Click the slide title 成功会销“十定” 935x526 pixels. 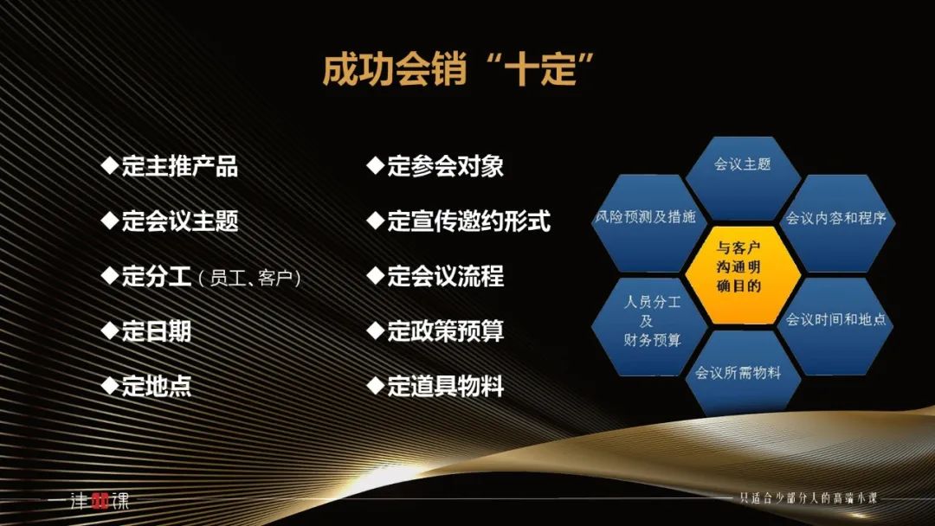point(458,69)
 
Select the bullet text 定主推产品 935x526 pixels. point(179,166)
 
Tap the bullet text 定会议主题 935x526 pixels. point(179,221)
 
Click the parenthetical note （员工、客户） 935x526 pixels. point(249,279)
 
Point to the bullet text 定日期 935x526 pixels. point(156,331)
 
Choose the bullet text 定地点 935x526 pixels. point(156,386)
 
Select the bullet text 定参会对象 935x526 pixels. point(446,166)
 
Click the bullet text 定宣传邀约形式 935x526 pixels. point(468,221)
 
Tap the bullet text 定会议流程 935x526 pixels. point(446,276)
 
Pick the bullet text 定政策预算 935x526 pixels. point(446,331)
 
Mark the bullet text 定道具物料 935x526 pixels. point(446,386)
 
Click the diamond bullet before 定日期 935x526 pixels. point(110,330)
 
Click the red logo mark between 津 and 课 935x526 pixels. point(100,501)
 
